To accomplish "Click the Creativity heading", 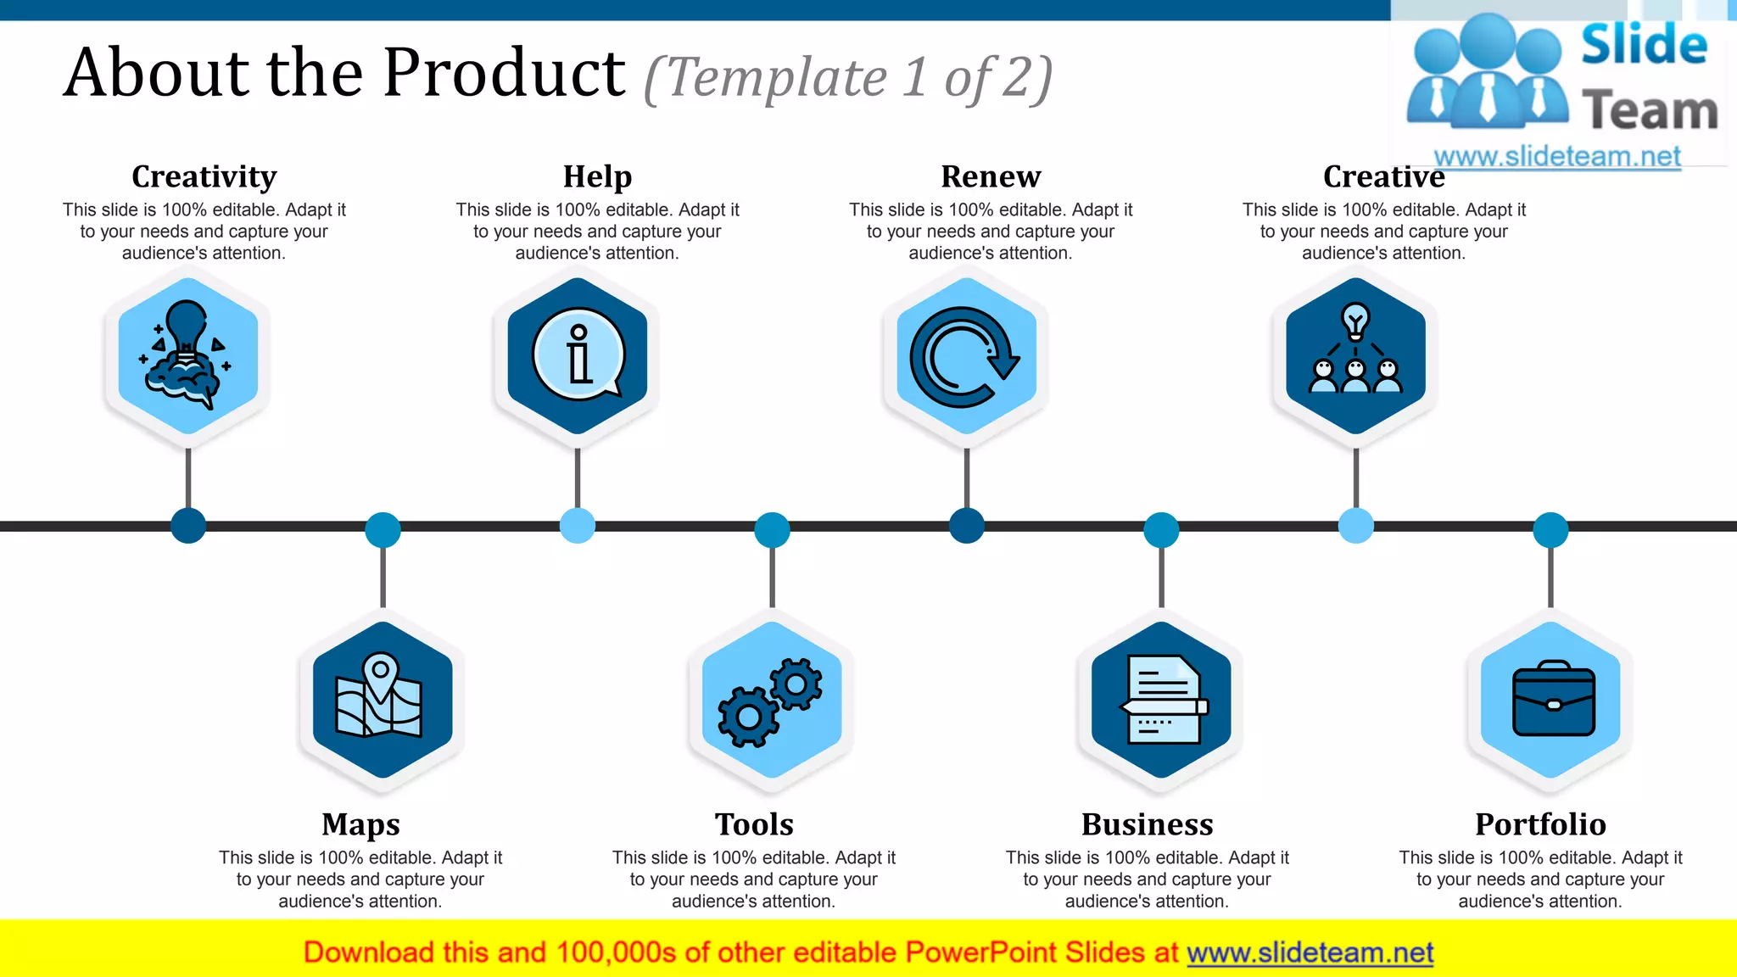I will [204, 176].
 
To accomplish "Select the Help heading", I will [597, 176].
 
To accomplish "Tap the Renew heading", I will [991, 176].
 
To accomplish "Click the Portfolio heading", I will [1540, 824].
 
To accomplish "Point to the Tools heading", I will [754, 824].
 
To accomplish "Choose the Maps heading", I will [360, 824].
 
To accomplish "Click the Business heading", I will [1147, 824].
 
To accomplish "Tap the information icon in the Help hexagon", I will [578, 355].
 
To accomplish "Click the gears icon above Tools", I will [770, 702].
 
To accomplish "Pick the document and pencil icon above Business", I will [1163, 700].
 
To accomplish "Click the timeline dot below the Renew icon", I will [966, 526].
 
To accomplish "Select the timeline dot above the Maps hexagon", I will [383, 530].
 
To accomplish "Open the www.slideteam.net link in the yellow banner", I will [1310, 952].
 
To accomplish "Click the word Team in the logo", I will [1650, 111].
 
